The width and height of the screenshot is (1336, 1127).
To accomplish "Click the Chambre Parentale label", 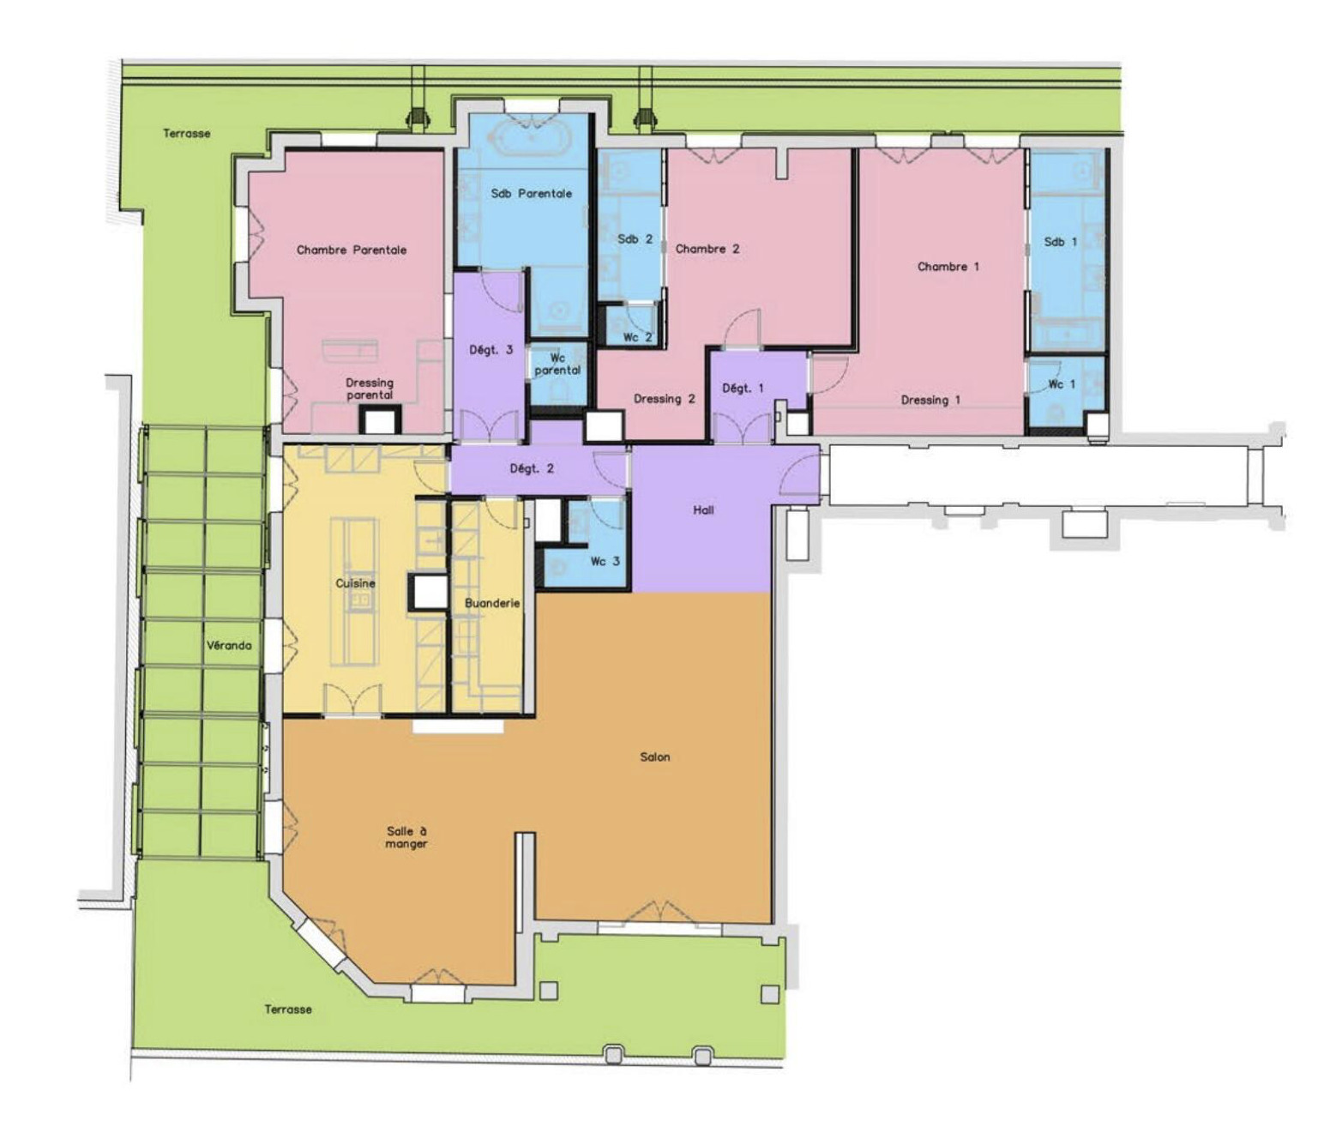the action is (x=352, y=250).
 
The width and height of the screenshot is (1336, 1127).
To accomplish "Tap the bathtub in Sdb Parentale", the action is (x=531, y=137).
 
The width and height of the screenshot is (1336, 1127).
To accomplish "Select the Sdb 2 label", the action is (x=635, y=239).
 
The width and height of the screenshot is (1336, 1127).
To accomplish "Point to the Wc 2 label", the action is (x=637, y=337).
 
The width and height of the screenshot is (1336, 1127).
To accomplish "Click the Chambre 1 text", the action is (x=948, y=267).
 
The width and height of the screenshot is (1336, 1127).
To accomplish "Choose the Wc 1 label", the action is (x=1062, y=384).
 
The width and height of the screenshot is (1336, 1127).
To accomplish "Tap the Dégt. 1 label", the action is (x=743, y=389).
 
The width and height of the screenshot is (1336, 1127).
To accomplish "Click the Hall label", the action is (x=703, y=510).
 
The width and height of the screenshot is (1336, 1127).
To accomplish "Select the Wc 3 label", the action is (x=605, y=562).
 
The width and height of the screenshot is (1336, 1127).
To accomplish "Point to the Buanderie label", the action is (x=492, y=604).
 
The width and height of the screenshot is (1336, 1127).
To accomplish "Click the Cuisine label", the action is (x=355, y=584).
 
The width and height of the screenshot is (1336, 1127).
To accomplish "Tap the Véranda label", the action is (x=228, y=646).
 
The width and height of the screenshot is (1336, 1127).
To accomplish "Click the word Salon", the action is (x=654, y=757).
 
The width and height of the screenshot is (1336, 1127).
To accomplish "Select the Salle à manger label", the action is (x=406, y=838).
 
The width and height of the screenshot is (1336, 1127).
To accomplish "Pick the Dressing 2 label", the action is (x=665, y=400).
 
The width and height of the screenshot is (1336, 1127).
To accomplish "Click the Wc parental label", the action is (x=557, y=365).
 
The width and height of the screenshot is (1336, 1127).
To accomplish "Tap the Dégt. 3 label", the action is (x=490, y=351).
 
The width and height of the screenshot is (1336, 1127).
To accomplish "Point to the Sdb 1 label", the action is (x=1060, y=242).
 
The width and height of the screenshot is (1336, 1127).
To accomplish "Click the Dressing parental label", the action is (x=370, y=389).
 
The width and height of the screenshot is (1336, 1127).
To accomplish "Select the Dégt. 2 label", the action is (x=532, y=469).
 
